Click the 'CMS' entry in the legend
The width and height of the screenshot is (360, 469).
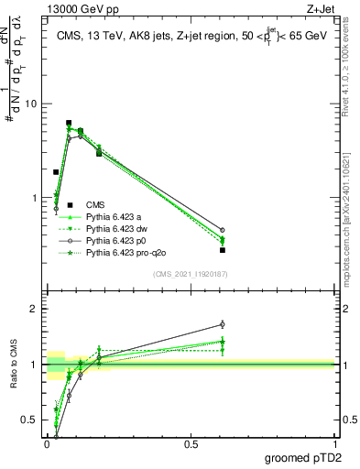pos(95,204)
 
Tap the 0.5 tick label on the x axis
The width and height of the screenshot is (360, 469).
pos(191,443)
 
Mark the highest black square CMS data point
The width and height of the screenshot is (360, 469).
pos(69,123)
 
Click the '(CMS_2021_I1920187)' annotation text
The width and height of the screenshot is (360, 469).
pos(191,273)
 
